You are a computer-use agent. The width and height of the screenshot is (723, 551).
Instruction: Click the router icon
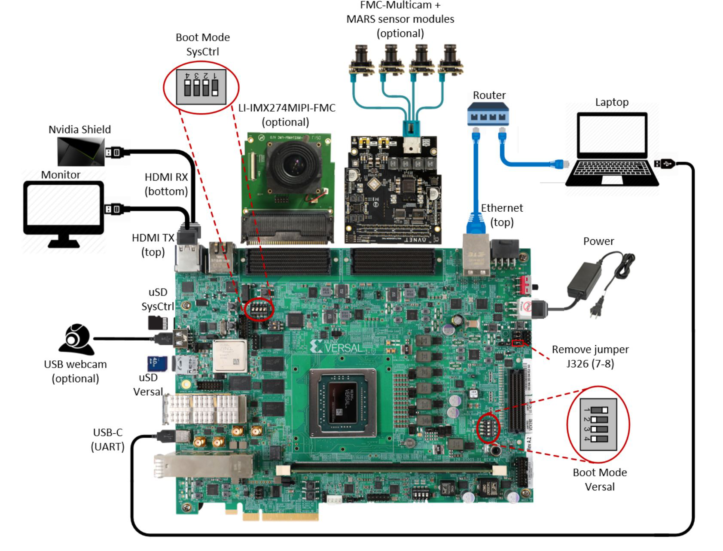(488, 114)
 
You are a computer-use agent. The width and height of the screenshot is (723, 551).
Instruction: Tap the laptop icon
(612, 148)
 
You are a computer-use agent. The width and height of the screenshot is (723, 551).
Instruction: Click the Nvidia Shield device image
(81, 151)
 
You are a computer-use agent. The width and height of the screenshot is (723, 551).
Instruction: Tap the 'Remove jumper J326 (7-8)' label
(590, 356)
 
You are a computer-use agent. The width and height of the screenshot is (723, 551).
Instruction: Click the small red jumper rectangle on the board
(518, 343)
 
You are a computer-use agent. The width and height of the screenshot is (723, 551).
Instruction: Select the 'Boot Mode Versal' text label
(600, 479)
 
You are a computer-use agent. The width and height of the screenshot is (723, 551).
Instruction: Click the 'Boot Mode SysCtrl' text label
(203, 44)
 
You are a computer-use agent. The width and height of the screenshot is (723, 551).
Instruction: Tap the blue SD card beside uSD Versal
(157, 363)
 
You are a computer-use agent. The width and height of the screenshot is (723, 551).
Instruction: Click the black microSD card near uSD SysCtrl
(157, 322)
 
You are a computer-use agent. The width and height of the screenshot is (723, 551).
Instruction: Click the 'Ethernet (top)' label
(502, 215)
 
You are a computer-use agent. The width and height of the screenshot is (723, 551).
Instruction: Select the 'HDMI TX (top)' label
(153, 244)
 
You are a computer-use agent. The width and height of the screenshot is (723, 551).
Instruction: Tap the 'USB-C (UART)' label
(108, 439)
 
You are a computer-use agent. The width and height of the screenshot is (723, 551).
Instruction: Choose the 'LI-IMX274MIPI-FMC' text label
(287, 108)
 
